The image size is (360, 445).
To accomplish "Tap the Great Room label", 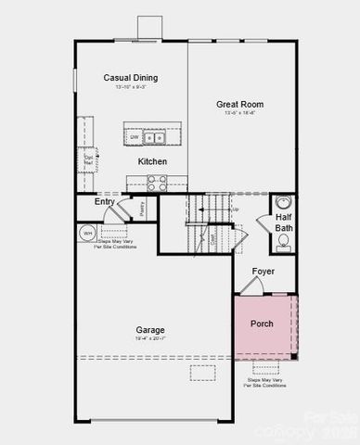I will click(x=239, y=105).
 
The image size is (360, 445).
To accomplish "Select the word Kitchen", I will click(x=153, y=161).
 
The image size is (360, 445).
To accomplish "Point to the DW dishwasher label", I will click(x=135, y=137).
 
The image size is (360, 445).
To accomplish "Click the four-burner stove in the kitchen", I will click(x=156, y=183).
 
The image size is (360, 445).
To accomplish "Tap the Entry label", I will click(x=105, y=202).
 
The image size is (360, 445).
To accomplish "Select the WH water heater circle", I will click(x=89, y=233).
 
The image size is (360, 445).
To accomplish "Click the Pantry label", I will click(x=141, y=210).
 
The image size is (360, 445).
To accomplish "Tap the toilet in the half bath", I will click(x=284, y=244).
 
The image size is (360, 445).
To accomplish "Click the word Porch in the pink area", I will click(x=263, y=325).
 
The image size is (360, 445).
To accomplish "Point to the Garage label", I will click(x=149, y=329).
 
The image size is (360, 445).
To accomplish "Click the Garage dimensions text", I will click(x=149, y=339).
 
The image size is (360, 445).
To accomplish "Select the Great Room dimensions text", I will click(x=239, y=115).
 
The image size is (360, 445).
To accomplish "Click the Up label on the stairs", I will click(x=235, y=210).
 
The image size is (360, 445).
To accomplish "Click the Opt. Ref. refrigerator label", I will click(x=89, y=159).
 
